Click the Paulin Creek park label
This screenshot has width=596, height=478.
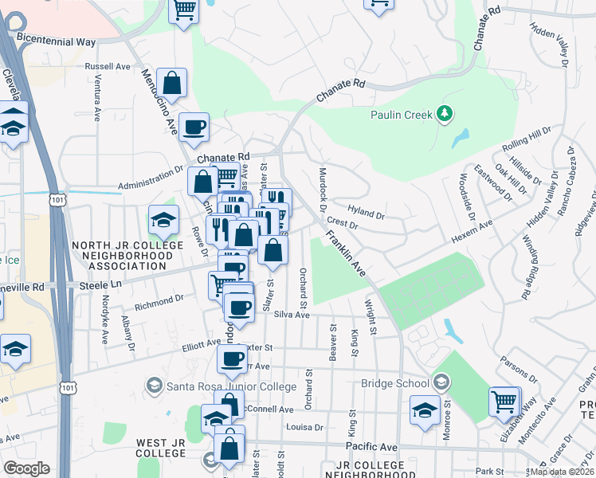(402, 115)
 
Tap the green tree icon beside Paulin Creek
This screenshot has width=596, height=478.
(445, 115)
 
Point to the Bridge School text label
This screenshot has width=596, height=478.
(394, 383)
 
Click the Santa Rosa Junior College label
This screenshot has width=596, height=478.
(221, 387)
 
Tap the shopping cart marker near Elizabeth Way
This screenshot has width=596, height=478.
(504, 403)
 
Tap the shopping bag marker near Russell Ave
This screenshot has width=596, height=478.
(172, 82)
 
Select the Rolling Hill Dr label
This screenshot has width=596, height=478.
(527, 141)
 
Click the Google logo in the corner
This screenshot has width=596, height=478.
(27, 468)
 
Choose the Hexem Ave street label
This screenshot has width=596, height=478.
(472, 234)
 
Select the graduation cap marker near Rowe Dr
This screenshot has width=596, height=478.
(163, 221)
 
